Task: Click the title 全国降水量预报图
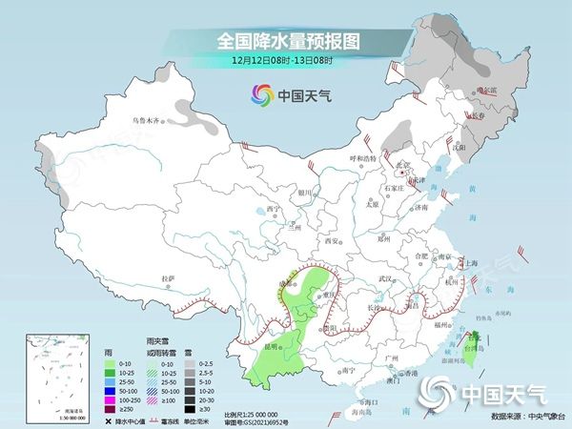[x=285, y=41]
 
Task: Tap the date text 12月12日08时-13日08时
[x=285, y=60]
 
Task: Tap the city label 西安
[x=333, y=240]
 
